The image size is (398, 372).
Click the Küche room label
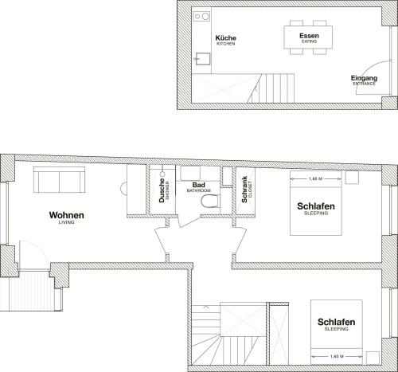click(225, 38)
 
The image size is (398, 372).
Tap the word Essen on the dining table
click(309, 36)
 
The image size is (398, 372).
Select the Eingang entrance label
click(364, 78)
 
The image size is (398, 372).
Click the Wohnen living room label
click(67, 215)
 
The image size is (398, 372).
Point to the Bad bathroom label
click(199, 185)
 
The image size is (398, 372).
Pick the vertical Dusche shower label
click(162, 190)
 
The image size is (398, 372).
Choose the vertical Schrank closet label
click(244, 190)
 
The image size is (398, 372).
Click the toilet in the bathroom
click(209, 201)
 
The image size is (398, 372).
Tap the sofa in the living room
click(59, 179)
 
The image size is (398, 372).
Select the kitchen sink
click(203, 59)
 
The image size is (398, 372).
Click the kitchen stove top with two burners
click(201, 17)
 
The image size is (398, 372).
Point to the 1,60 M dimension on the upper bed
click(315, 179)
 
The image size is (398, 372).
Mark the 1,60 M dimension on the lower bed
click(337, 356)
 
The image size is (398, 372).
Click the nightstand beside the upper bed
click(352, 178)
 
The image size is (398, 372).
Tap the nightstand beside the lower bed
click(373, 358)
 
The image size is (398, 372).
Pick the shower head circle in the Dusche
click(162, 174)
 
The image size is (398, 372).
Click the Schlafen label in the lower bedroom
click(336, 322)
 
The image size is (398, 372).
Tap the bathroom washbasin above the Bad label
click(190, 174)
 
